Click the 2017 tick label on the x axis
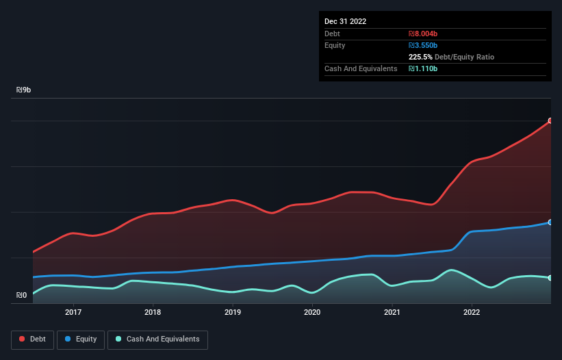tap(73, 312)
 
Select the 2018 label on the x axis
tap(153, 312)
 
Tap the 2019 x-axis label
tap(233, 312)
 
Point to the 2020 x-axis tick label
tap(312, 312)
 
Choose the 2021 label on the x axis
tap(392, 312)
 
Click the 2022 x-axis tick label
tap(472, 312)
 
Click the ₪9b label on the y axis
tap(24, 90)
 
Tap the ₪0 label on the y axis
tap(22, 296)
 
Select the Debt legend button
tap(32, 339)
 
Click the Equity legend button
tap(81, 339)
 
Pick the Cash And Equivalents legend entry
tap(157, 339)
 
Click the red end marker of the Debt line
tap(550, 120)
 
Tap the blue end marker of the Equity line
tap(550, 222)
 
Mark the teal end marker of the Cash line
tap(550, 278)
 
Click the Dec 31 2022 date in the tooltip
tap(345, 21)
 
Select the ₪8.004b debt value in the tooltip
tap(423, 34)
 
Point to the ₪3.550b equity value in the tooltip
tap(423, 45)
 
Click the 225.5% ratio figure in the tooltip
tap(421, 57)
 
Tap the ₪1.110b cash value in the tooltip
tap(423, 68)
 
